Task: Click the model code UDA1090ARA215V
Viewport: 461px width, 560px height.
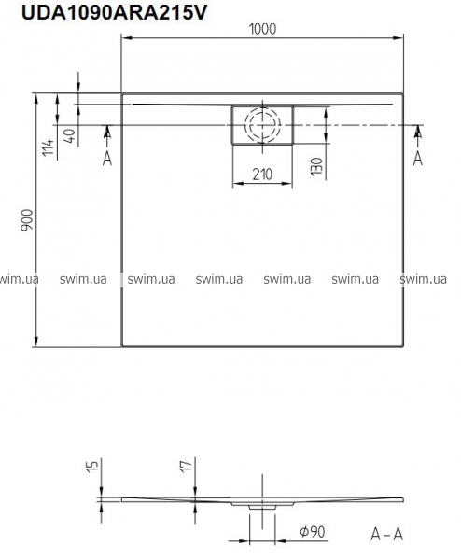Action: [x=114, y=12]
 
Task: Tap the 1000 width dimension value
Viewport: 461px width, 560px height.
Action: [x=262, y=29]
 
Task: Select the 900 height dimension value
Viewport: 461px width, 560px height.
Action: [x=27, y=220]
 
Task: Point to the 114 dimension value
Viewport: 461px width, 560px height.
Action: [x=48, y=147]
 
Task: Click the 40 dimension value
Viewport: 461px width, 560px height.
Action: [x=70, y=135]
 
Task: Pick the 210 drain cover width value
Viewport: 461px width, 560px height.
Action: [x=262, y=174]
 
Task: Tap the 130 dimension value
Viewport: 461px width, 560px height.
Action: [x=316, y=166]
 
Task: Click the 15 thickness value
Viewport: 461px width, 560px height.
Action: [x=92, y=467]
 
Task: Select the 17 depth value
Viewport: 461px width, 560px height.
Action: [x=187, y=466]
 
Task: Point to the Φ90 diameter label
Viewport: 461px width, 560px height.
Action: [x=312, y=532]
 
